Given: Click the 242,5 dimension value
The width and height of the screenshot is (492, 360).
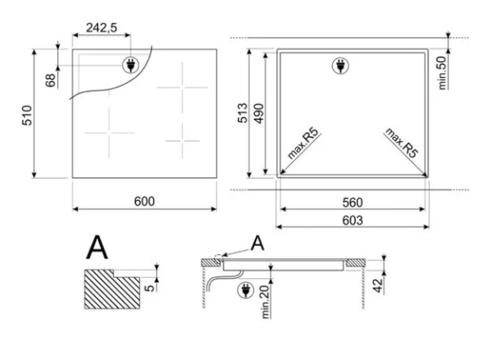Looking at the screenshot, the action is point(102,28).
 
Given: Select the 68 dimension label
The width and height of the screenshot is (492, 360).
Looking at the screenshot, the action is point(51,80).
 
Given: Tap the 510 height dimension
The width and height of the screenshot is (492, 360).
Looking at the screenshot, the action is point(27,116).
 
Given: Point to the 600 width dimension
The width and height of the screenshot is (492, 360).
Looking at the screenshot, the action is point(144,201).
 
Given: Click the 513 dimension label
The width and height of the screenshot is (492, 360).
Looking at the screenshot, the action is point(243,113).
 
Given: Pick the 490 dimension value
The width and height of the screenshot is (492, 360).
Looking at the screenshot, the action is point(258,113).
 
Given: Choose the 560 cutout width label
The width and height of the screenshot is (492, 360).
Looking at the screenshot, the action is point(353,203).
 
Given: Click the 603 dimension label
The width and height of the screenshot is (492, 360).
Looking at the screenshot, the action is point(353,221).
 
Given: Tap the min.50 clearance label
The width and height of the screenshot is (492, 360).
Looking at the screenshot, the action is point(442,73).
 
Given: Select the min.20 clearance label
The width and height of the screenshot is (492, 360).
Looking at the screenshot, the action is point(266,302).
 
